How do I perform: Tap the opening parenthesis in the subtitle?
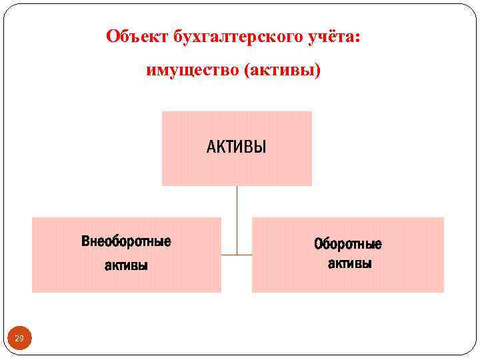tap(247, 69)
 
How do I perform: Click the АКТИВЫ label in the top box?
tap(236, 147)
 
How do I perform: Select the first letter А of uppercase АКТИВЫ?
tap(211, 147)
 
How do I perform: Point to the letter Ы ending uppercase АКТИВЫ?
tap(261, 147)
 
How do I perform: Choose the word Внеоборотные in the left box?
tap(126, 241)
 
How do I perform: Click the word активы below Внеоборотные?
tap(126, 265)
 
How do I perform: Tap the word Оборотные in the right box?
tap(348, 244)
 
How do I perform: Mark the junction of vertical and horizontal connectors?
tap(237, 255)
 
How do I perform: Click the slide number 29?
tap(19, 339)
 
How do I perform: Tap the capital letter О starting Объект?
tap(112, 36)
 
